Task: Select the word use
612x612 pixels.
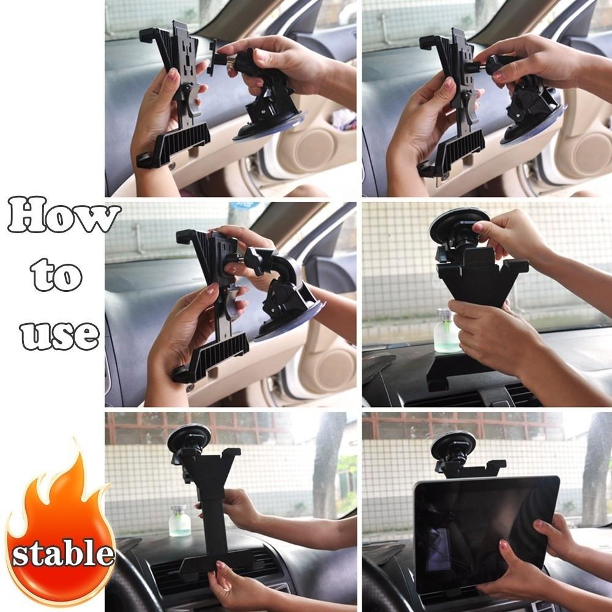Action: (x=59, y=334)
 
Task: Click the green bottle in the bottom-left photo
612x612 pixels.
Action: (x=179, y=521)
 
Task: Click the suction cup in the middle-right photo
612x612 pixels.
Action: (x=458, y=224)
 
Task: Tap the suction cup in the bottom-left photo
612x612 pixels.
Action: (x=188, y=438)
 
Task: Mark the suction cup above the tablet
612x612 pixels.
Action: (x=453, y=445)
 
